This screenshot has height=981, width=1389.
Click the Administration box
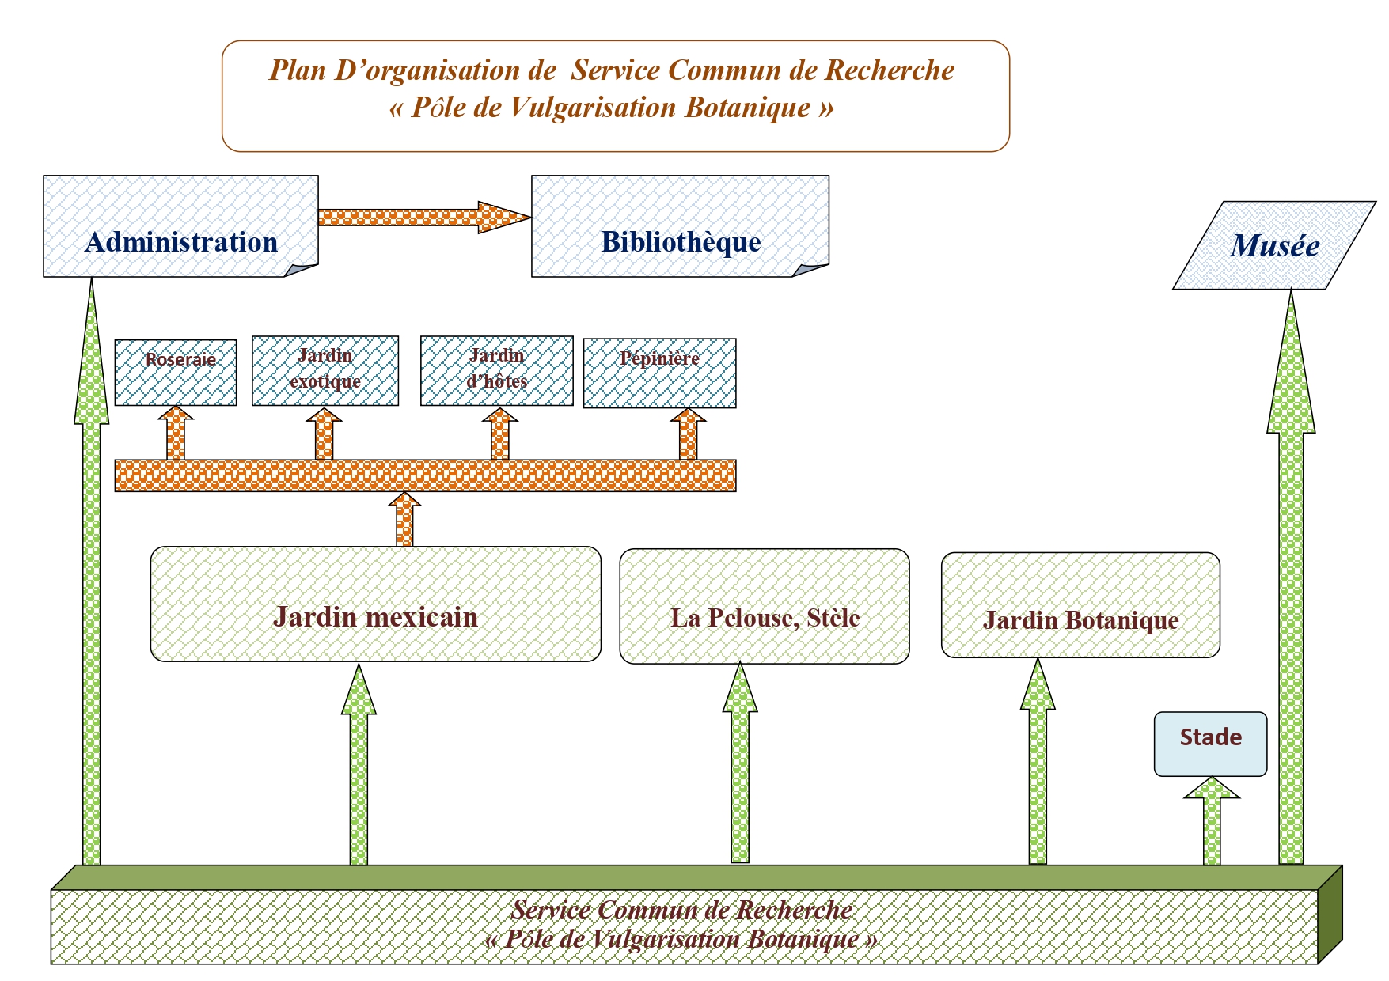180,226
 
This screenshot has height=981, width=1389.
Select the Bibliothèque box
680,226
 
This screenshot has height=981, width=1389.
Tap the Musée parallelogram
1274,245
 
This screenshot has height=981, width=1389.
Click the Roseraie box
176,373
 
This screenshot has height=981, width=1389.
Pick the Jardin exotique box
325,371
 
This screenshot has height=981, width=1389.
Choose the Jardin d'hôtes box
496,371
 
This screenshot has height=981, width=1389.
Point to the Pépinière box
659,373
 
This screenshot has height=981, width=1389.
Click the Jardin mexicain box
375,604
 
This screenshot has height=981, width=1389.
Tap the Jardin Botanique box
1080,605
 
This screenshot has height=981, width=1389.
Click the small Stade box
1210,744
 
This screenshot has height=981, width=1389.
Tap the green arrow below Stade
1212,823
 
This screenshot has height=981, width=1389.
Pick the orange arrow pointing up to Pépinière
689,434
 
